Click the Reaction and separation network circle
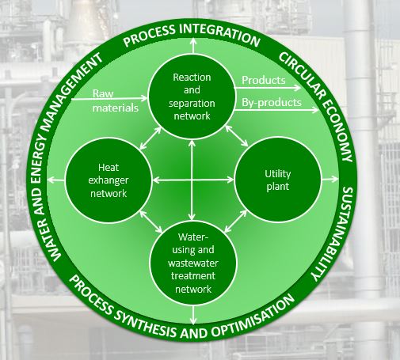point(192,97)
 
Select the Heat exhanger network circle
point(109,180)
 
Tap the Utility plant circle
point(278,180)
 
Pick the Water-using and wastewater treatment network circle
point(193,263)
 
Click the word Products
point(264,80)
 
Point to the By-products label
point(272,102)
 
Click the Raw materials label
point(115,100)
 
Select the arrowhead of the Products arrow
point(298,88)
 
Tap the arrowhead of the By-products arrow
point(315,110)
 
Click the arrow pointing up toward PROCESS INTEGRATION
point(193,46)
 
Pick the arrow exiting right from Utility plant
point(330,180)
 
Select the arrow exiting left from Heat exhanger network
point(56,180)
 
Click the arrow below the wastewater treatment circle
point(193,315)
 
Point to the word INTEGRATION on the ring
point(221,34)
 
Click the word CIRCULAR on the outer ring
point(301,75)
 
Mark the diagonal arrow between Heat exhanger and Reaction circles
point(150,138)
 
